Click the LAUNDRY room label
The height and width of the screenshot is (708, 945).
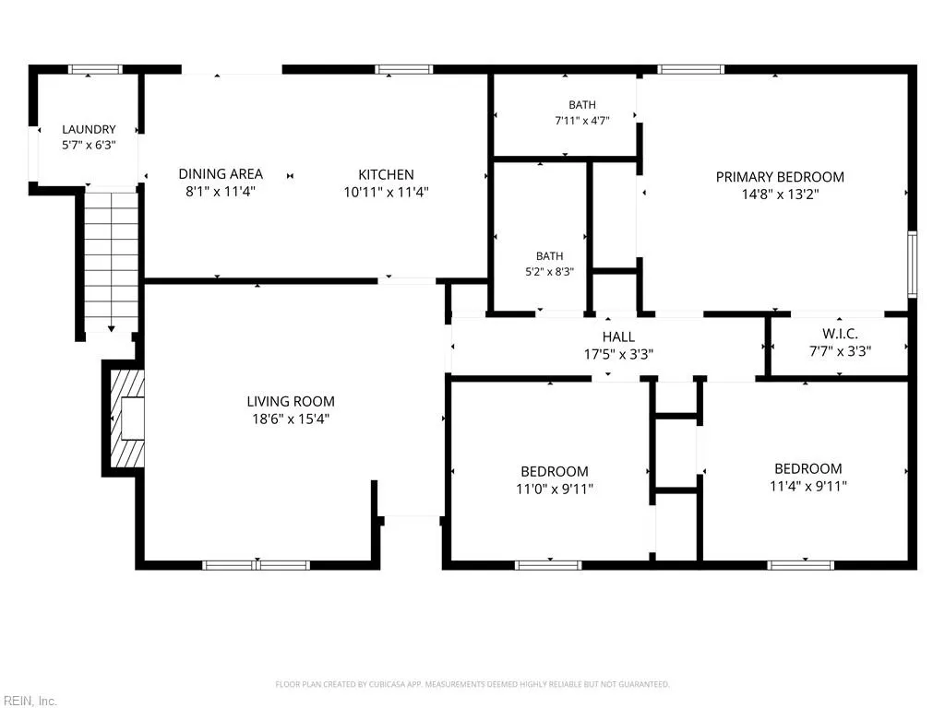coord(89,129)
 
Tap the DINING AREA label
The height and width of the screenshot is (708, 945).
coord(221,174)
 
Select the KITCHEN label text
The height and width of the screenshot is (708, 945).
coord(386,174)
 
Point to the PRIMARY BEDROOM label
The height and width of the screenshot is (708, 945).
coord(780,177)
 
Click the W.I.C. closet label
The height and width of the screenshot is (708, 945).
coord(840,334)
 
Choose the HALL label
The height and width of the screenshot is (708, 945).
coord(618,336)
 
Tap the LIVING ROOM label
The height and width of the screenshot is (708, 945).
coord(291,402)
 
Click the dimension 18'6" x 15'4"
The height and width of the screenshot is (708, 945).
coord(291,419)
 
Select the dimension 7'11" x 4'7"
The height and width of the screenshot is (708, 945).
coord(582,121)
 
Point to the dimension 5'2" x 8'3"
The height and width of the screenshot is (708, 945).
coord(550,272)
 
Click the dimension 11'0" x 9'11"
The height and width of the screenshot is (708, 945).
coord(555,489)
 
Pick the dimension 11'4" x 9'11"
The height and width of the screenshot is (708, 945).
coord(808,486)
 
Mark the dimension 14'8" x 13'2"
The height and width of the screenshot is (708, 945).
coord(781,195)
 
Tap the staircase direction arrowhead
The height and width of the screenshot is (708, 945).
coord(112,329)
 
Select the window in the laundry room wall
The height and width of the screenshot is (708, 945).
coord(95,70)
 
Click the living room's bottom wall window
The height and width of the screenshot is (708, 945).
coord(257,565)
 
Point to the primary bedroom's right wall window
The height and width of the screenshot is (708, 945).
coord(913,265)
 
